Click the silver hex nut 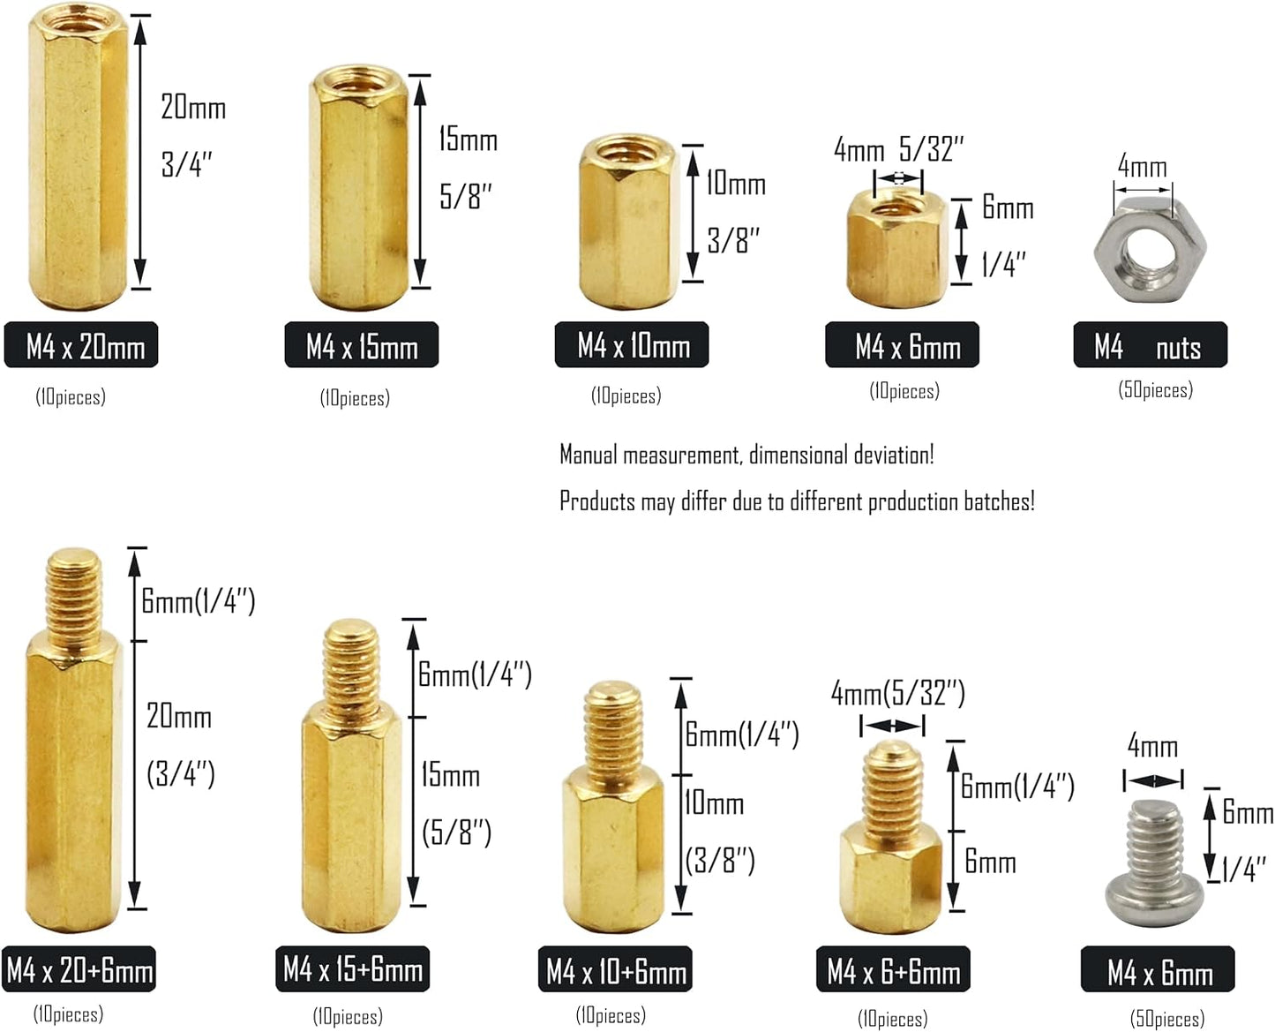(1150, 251)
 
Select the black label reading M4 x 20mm (81, 345)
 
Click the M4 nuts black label (1150, 345)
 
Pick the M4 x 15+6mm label (353, 969)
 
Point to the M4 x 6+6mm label (893, 969)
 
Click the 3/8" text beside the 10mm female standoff (733, 239)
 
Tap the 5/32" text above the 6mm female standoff (932, 148)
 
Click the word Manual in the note (589, 455)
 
